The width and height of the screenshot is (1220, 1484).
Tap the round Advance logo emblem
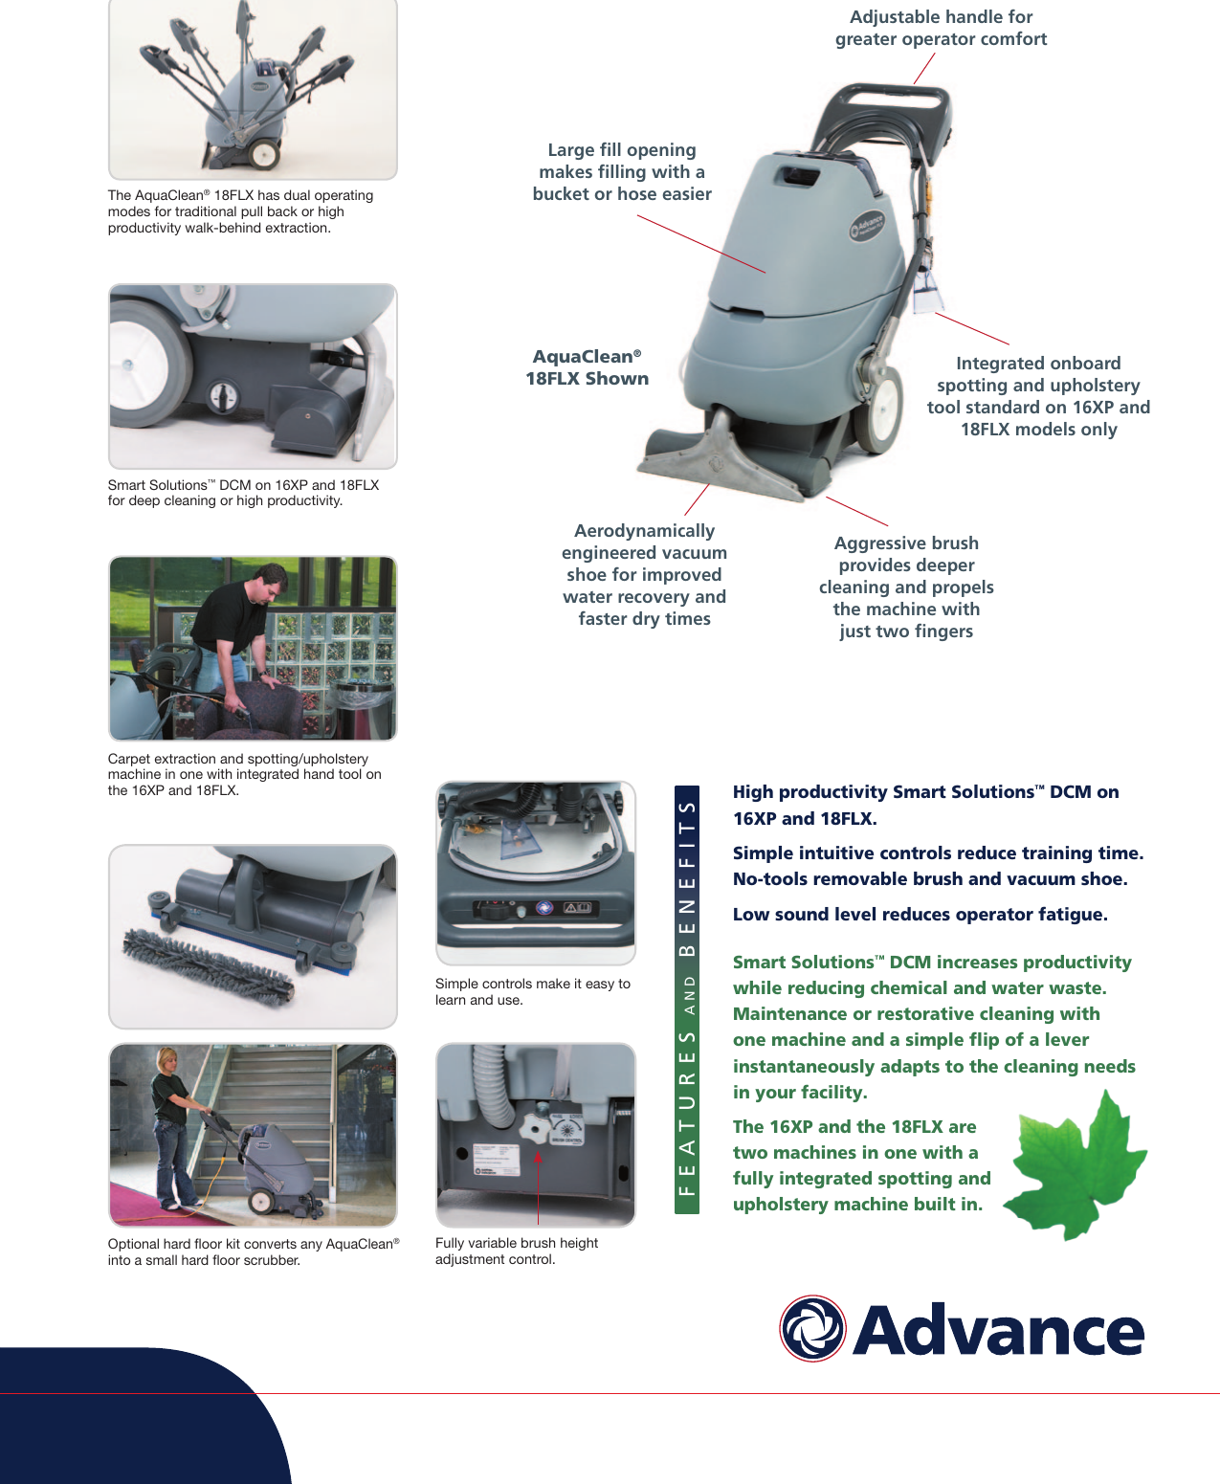coord(812,1328)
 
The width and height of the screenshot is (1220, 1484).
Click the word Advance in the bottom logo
coord(998,1330)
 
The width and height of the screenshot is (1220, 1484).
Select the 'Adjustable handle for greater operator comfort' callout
coord(941,28)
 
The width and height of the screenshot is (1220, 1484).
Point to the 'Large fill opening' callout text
coord(622,172)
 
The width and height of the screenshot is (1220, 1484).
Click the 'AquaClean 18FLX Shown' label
coord(587,367)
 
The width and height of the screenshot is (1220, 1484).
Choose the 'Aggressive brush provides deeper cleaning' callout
coord(906,587)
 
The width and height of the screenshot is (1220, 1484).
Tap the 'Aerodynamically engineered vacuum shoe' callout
coord(644,574)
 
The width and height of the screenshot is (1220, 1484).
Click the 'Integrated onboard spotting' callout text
coord(1038,396)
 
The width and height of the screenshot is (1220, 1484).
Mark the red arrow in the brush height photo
coord(538,1186)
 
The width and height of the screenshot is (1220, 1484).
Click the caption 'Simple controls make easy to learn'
coord(532,992)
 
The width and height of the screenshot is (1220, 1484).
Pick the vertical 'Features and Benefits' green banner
coord(687,1000)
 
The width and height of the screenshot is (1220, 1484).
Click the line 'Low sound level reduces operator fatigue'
coord(920,915)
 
